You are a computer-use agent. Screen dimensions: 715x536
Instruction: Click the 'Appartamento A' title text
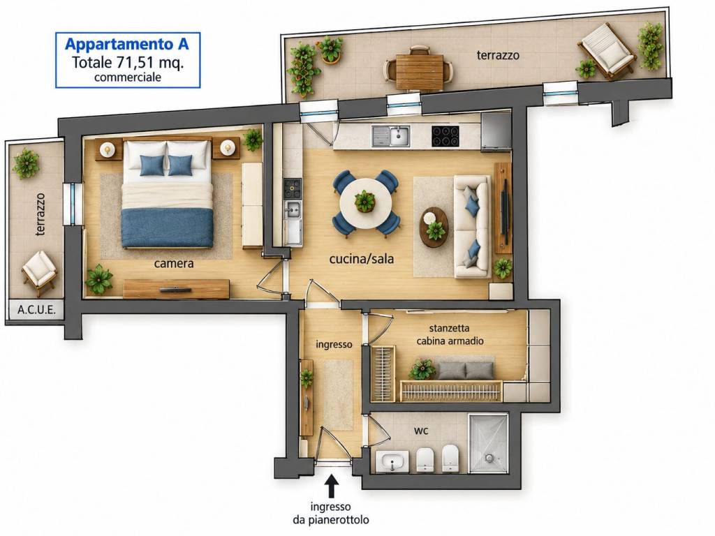tap(127, 44)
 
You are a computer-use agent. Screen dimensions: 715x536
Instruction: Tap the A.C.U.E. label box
tap(36, 309)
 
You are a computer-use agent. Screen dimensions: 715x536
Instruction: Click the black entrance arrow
tap(332, 486)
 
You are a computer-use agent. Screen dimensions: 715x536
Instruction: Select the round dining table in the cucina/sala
tap(364, 203)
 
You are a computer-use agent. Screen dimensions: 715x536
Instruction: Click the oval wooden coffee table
tap(434, 227)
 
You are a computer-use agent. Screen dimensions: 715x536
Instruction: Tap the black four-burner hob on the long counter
tap(445, 136)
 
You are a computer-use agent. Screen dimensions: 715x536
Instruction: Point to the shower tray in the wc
tap(488, 443)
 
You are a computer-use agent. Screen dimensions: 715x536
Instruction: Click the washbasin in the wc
tap(392, 461)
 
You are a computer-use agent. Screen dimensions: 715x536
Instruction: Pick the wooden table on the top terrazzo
tap(420, 72)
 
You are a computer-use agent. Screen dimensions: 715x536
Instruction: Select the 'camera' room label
tap(174, 263)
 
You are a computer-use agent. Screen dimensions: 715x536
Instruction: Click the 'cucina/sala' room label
tap(362, 259)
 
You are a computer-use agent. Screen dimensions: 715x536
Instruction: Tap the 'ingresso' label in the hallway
tap(334, 345)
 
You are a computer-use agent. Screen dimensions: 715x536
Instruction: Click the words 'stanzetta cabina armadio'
tap(450, 334)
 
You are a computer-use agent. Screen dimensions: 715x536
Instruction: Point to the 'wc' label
tap(421, 430)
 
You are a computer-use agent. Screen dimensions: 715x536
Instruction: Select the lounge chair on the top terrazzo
tap(607, 51)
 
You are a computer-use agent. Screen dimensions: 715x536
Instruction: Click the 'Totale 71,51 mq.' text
tap(128, 62)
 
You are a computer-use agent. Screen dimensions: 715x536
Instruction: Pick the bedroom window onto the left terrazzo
tap(73, 204)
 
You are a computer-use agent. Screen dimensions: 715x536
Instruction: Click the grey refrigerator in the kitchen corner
tap(496, 131)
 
